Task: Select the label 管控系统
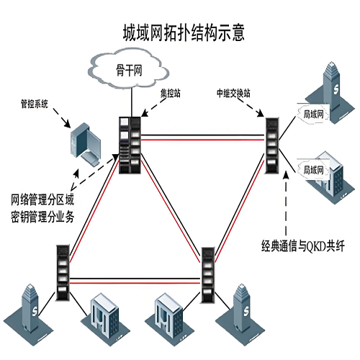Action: click(x=35, y=104)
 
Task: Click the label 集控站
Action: click(x=170, y=94)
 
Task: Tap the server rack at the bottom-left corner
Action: click(x=63, y=268)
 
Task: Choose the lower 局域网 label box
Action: click(x=312, y=170)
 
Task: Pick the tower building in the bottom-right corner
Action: click(x=246, y=310)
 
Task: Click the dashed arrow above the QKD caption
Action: click(x=287, y=205)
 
